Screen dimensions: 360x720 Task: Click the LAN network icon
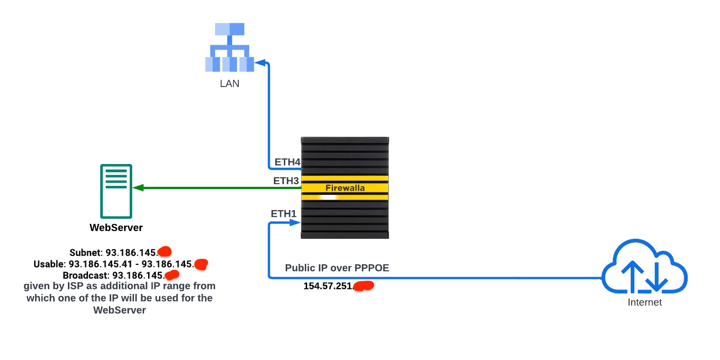pos(230,47)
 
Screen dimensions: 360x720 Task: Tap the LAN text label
pos(230,83)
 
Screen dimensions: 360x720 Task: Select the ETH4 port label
pos(287,162)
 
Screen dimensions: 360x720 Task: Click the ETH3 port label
pos(286,181)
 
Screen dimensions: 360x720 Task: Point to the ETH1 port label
pos(283,214)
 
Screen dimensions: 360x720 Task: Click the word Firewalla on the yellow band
pos(345,188)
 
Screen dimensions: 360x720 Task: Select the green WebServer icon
pos(116,191)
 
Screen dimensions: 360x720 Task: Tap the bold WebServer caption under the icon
pos(116,227)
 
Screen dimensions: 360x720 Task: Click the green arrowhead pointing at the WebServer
pos(138,188)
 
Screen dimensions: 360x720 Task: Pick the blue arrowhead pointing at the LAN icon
pos(260,62)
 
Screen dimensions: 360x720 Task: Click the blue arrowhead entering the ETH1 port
pos(295,223)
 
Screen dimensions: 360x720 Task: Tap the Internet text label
pos(644,302)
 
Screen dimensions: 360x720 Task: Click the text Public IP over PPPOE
pos(337,268)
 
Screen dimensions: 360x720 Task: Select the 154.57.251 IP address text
pos(328,286)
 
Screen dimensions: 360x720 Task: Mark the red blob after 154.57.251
pos(364,286)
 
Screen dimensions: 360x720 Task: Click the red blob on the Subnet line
pos(165,252)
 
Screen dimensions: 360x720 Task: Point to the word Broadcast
pos(85,276)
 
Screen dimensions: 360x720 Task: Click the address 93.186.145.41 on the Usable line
pos(100,264)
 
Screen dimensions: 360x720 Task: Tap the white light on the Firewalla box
pos(328,197)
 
